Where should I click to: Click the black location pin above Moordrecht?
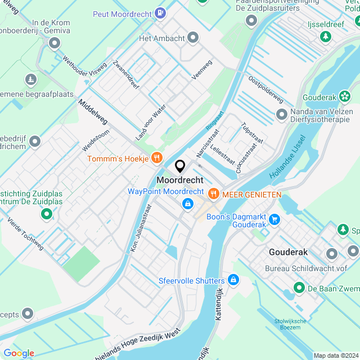pyautogui.click(x=180, y=166)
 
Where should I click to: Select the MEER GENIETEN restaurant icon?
pyautogui.click(x=213, y=194)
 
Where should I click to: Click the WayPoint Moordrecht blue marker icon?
pyautogui.click(x=186, y=206)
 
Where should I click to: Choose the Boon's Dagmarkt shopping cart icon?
pyautogui.click(x=274, y=219)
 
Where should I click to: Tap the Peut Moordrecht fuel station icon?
pyautogui.click(x=161, y=12)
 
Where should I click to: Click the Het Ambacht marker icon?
pyautogui.click(x=193, y=38)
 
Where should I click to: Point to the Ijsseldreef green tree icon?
pyautogui.click(x=325, y=37)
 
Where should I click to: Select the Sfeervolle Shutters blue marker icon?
pyautogui.click(x=233, y=280)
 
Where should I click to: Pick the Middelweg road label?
pyautogui.click(x=92, y=113)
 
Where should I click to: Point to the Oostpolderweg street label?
pyautogui.click(x=265, y=89)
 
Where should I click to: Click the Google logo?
pyautogui.click(x=19, y=353)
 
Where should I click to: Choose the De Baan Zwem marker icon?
pyautogui.click(x=298, y=289)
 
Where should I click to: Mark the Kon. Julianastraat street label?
pyautogui.click(x=141, y=230)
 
